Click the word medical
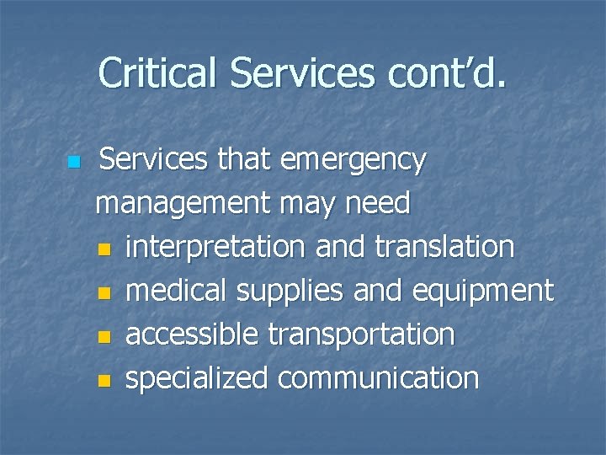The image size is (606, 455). tap(177, 292)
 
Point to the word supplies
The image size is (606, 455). tap(290, 292)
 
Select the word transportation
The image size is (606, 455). tap(361, 335)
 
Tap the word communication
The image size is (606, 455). tap(378, 379)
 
